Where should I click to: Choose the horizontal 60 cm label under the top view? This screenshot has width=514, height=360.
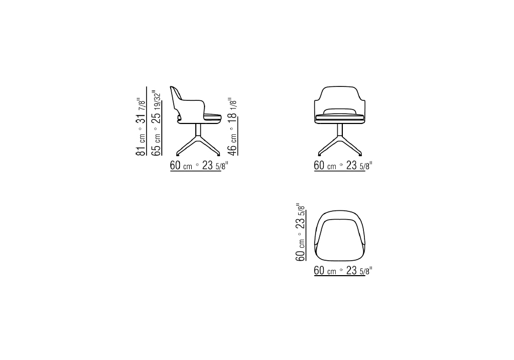point(325,271)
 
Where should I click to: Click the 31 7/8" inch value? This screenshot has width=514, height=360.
point(141,110)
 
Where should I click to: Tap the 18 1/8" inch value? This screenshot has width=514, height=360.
point(232,109)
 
